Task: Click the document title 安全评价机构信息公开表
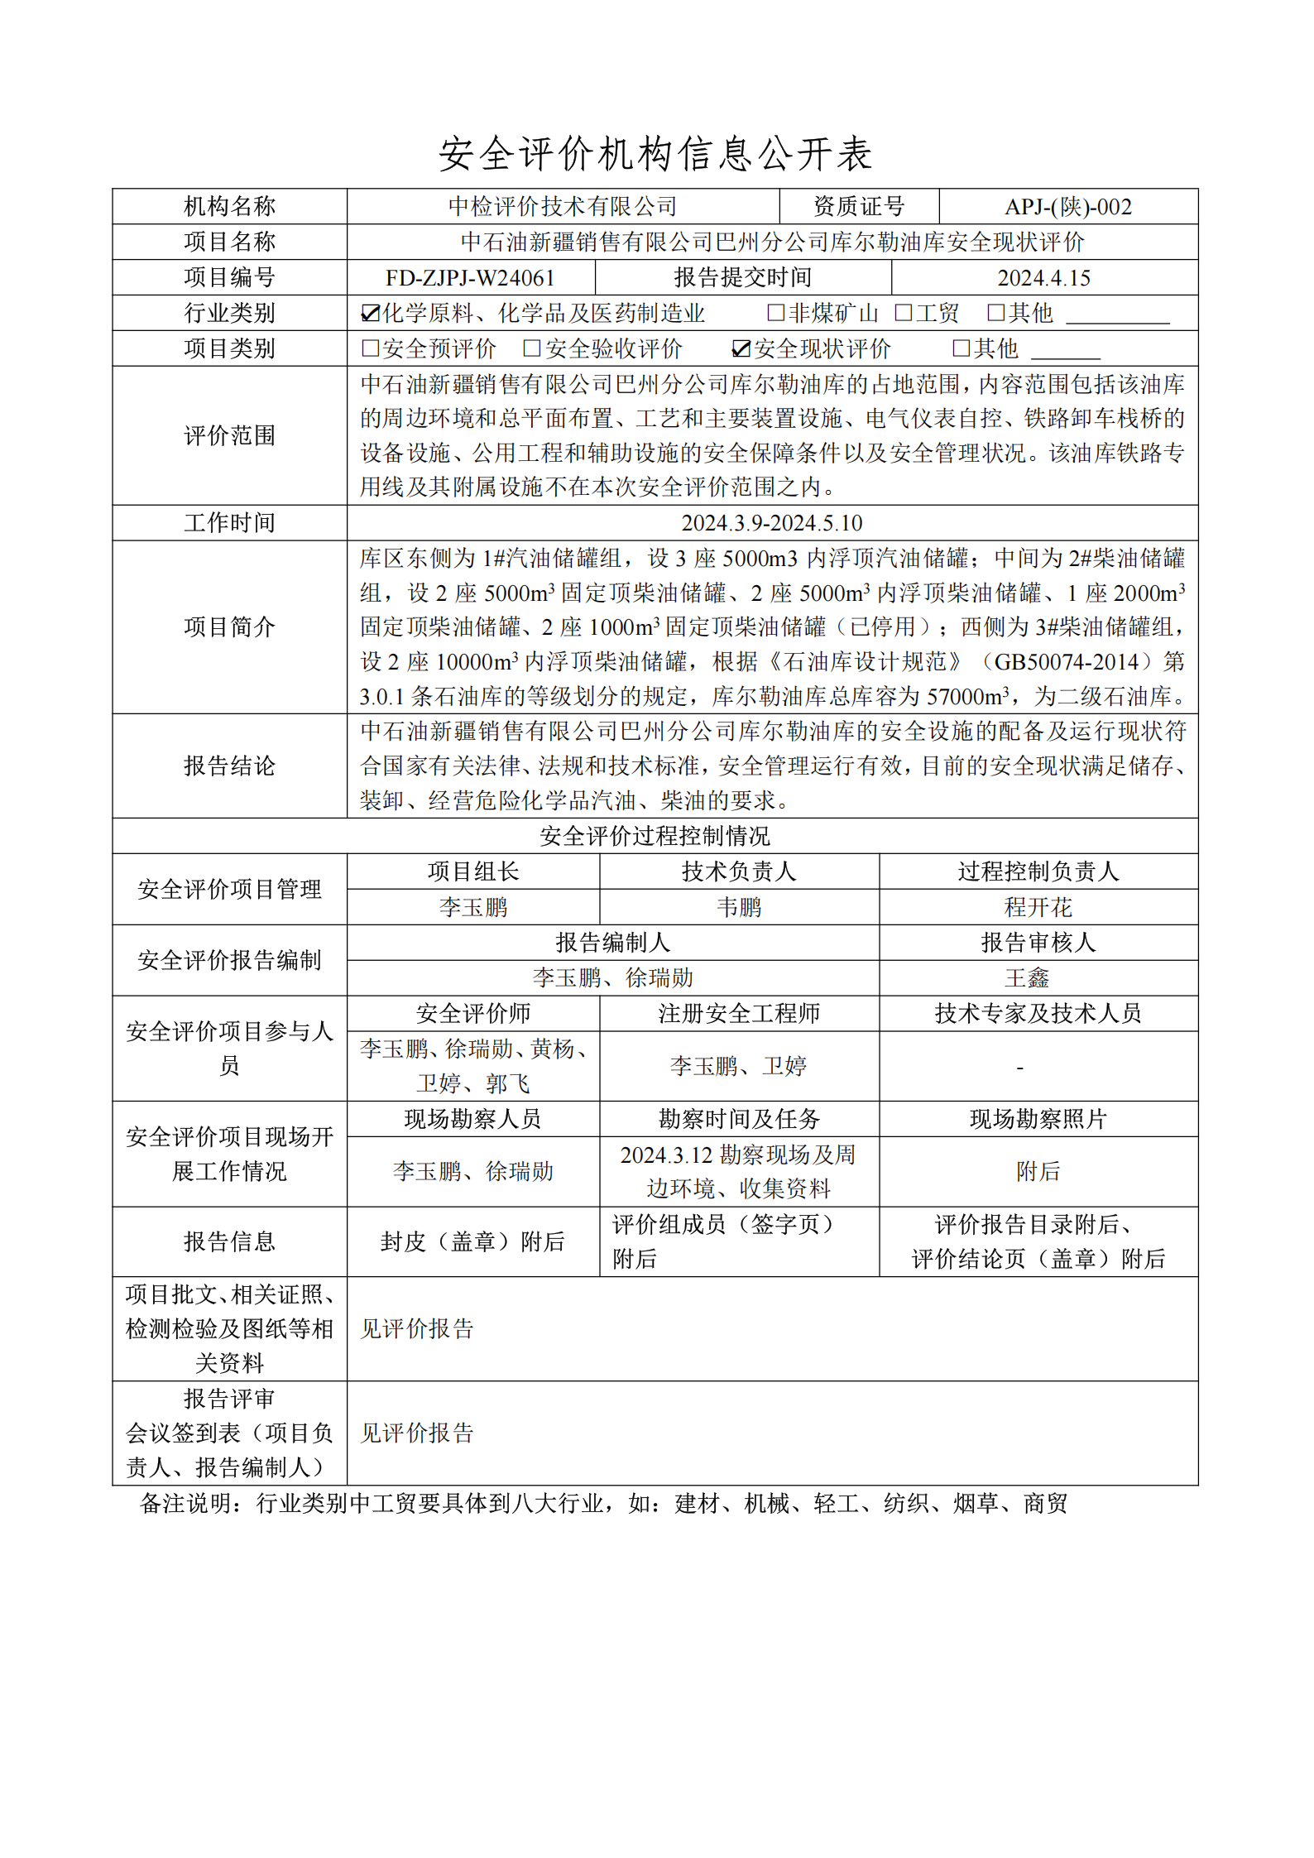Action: pos(655,154)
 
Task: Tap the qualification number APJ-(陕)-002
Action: pos(1067,207)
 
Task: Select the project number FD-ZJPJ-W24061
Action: pos(470,278)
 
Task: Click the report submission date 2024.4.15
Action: pos(1043,278)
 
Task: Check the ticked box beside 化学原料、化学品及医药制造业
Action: pos(370,314)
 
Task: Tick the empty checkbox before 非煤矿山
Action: pos(775,313)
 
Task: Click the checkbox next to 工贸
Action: pos(904,313)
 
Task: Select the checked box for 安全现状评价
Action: pos(741,349)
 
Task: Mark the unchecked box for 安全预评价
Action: pos(370,349)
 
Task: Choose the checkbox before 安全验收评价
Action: pos(532,349)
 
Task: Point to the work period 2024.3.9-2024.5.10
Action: pos(771,523)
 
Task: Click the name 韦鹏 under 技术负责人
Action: pos(738,908)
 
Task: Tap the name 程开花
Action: pos(1038,908)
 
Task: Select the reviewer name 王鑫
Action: pos(1026,978)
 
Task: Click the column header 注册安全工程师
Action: pos(738,1014)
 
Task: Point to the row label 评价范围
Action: pos(229,436)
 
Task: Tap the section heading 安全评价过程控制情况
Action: pos(655,837)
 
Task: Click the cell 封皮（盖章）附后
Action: pos(472,1242)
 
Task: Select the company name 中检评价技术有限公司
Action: pos(563,207)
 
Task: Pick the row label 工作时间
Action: pos(229,523)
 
